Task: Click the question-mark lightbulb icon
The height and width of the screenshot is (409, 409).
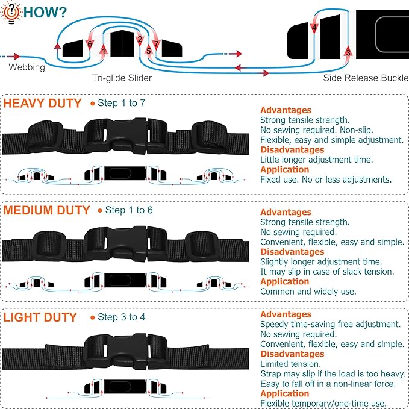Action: (x=11, y=12)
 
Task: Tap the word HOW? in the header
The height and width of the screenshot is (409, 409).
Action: (x=45, y=12)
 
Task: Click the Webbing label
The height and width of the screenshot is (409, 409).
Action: (x=27, y=67)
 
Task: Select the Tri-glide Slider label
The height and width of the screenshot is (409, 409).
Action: (x=122, y=78)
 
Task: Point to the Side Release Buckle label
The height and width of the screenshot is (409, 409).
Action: (x=366, y=78)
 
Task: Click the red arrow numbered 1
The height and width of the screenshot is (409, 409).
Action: (x=103, y=50)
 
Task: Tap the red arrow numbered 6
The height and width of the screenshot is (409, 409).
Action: (x=90, y=45)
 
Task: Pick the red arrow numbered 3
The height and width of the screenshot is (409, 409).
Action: (x=348, y=51)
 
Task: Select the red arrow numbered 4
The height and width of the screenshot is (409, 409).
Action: (x=314, y=28)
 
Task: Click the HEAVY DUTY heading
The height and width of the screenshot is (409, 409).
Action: (x=43, y=103)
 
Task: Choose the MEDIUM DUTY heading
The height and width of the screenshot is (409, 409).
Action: (x=47, y=210)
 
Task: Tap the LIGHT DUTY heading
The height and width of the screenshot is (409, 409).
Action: (x=40, y=317)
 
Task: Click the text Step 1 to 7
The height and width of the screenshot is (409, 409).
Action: (x=121, y=103)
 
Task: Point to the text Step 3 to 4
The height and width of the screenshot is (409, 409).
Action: (x=121, y=317)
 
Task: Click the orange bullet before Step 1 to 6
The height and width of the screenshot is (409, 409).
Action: (x=100, y=210)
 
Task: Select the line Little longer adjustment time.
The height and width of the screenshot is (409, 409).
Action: (x=316, y=160)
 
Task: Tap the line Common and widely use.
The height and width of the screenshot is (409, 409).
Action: (x=308, y=291)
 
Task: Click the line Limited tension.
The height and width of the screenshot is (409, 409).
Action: (x=290, y=364)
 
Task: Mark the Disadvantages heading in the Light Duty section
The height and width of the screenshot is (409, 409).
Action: (x=292, y=354)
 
